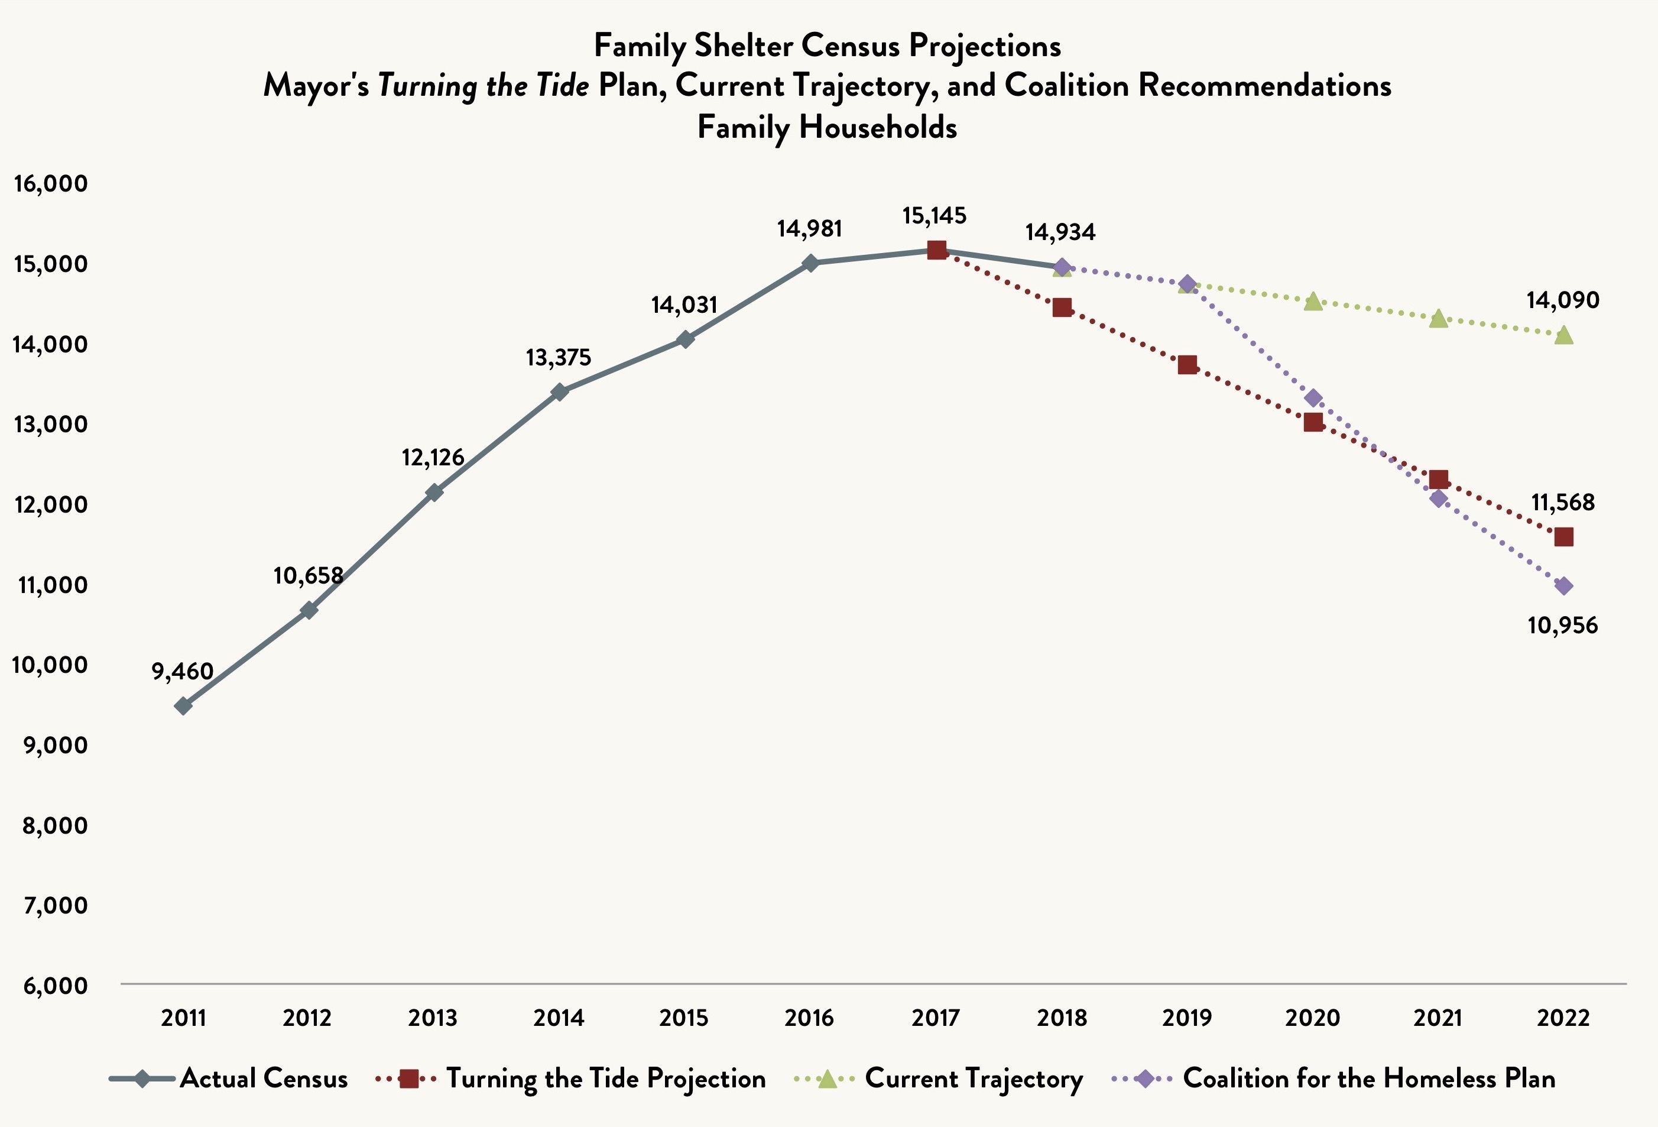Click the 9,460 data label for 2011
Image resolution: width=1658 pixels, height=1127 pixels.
[183, 671]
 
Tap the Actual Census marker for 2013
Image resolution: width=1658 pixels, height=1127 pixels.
[434, 493]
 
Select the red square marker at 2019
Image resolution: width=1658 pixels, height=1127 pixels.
[1187, 365]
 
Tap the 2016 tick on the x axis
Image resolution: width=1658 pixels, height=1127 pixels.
[809, 1017]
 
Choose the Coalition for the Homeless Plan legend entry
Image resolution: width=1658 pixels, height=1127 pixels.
[1368, 1079]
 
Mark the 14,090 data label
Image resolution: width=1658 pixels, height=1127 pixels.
[1562, 300]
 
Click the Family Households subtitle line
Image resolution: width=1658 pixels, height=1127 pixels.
[828, 128]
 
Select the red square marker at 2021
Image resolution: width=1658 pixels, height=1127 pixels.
[1439, 479]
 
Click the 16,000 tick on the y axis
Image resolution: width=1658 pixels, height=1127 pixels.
[50, 183]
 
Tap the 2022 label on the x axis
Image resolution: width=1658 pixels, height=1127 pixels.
[1563, 1017]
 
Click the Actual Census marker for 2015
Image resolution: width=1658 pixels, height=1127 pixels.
[685, 339]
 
